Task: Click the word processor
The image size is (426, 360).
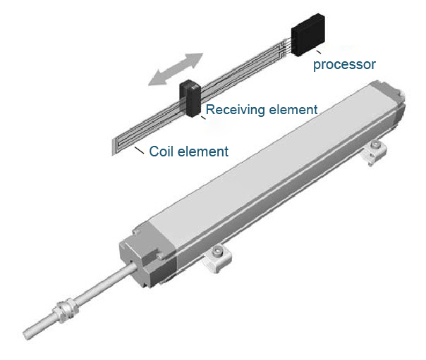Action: point(344,65)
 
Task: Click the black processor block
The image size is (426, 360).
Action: point(308,35)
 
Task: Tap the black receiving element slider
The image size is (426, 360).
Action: point(190,99)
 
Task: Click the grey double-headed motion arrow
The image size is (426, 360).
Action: point(176,69)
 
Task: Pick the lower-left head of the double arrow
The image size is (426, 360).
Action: point(156,80)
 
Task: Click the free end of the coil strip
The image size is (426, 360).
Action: point(114,147)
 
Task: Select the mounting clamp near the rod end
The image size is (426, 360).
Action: point(217,259)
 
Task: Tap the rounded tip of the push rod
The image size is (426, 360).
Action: point(28,335)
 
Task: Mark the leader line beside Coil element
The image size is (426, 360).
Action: point(140,150)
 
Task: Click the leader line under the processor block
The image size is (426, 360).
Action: point(318,51)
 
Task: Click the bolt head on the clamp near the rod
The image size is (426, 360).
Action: point(217,252)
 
